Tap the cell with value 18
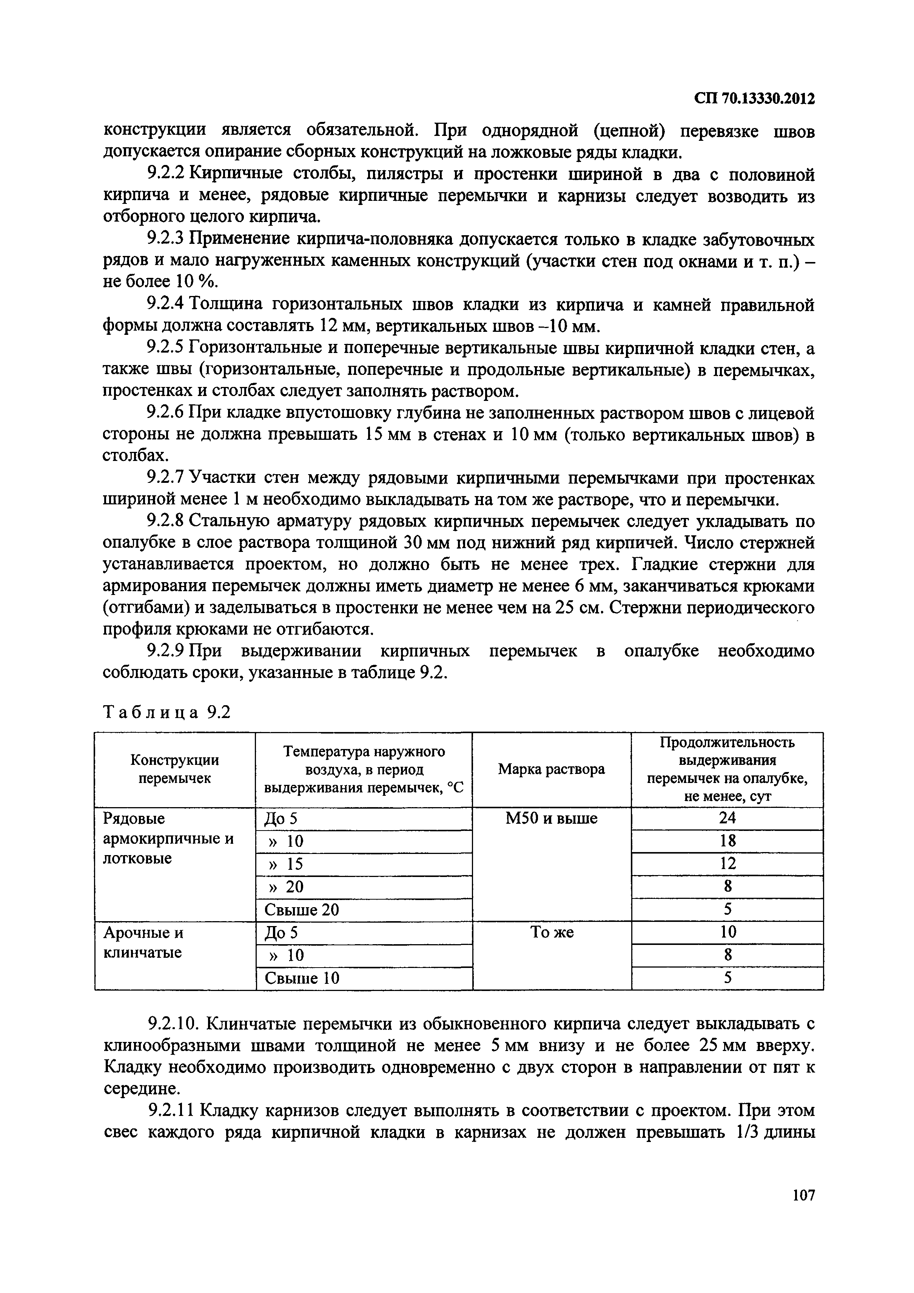pyautogui.click(x=727, y=841)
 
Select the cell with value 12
pyautogui.click(x=727, y=864)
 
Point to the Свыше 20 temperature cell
pyautogui.click(x=302, y=910)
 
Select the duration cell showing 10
pyautogui.click(x=727, y=932)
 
